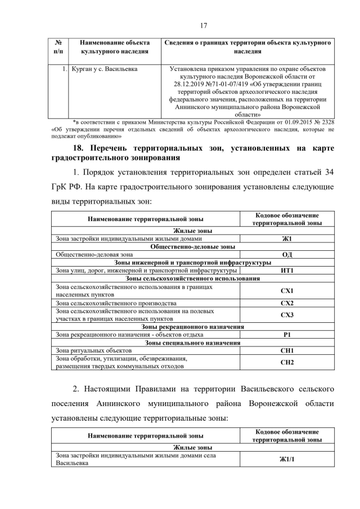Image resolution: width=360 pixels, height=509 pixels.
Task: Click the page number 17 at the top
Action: click(x=180, y=24)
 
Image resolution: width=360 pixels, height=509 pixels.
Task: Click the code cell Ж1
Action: click(x=287, y=238)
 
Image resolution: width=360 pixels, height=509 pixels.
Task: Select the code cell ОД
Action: click(x=287, y=254)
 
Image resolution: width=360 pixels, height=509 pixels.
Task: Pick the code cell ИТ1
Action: click(x=287, y=271)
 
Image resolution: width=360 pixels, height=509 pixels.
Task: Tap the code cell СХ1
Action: click(x=287, y=290)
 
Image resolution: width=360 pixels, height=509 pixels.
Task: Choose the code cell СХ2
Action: click(x=287, y=303)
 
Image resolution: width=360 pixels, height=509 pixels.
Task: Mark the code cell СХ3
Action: click(x=287, y=314)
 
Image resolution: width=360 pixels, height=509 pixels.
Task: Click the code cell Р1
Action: click(x=287, y=335)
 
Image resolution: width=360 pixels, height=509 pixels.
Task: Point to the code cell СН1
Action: click(x=287, y=350)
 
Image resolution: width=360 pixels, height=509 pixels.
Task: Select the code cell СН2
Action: click(x=287, y=362)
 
